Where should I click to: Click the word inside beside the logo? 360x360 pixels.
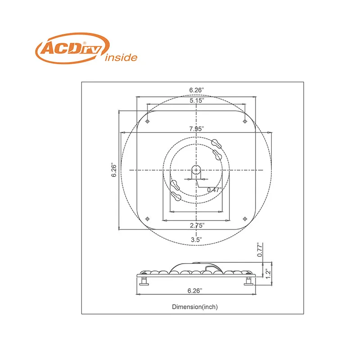[x=120, y=58]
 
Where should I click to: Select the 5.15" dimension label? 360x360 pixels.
[x=197, y=101]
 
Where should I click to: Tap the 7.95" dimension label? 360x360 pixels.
[x=197, y=129]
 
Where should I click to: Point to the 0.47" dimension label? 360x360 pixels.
[x=214, y=189]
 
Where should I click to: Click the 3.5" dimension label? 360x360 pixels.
[x=197, y=239]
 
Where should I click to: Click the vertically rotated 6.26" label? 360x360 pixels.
[x=114, y=170]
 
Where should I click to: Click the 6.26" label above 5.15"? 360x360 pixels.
[x=197, y=90]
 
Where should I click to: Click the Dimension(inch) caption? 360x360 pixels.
[x=195, y=307]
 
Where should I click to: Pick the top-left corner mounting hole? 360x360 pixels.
[x=148, y=121]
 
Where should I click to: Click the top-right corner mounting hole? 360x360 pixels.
[x=244, y=121]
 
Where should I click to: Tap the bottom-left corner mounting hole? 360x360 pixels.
[x=148, y=218]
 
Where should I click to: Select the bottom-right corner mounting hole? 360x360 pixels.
[x=244, y=218]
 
